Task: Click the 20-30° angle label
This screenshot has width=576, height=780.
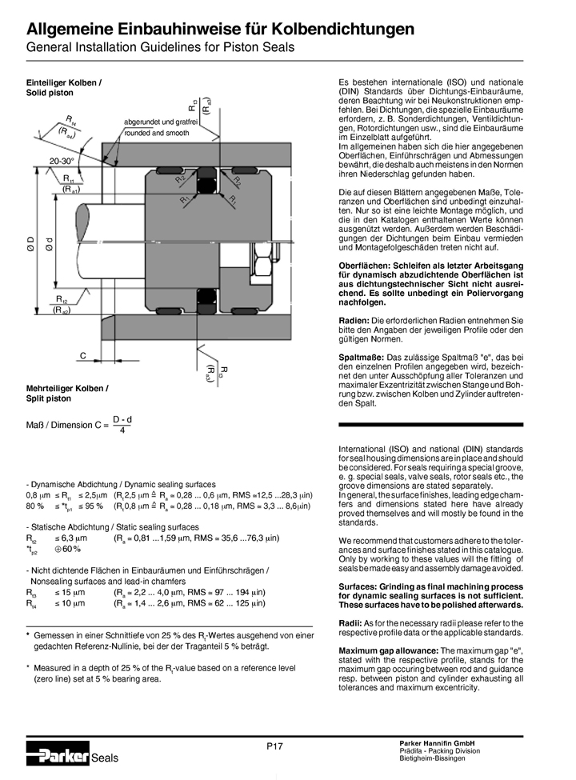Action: (x=63, y=161)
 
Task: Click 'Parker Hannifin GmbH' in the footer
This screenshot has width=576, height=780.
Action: (x=438, y=745)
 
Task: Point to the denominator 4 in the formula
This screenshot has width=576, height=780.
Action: (x=122, y=430)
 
